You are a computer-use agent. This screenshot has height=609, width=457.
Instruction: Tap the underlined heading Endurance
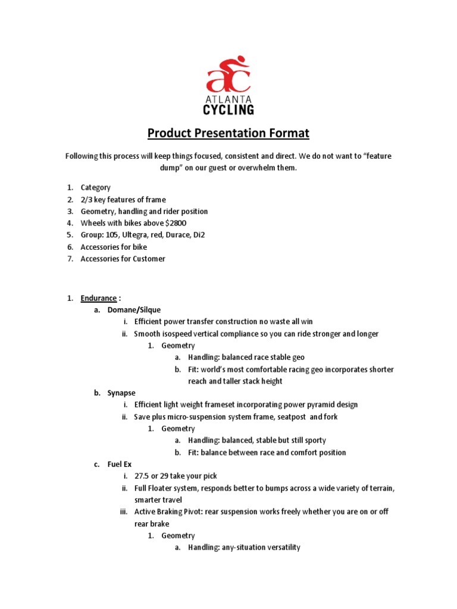pyautogui.click(x=99, y=298)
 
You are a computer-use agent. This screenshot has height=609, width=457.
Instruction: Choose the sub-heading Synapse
pyautogui.click(x=121, y=393)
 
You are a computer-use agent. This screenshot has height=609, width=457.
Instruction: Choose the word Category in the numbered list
pyautogui.click(x=96, y=187)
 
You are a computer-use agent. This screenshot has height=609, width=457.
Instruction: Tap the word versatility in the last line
pyautogui.click(x=278, y=547)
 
